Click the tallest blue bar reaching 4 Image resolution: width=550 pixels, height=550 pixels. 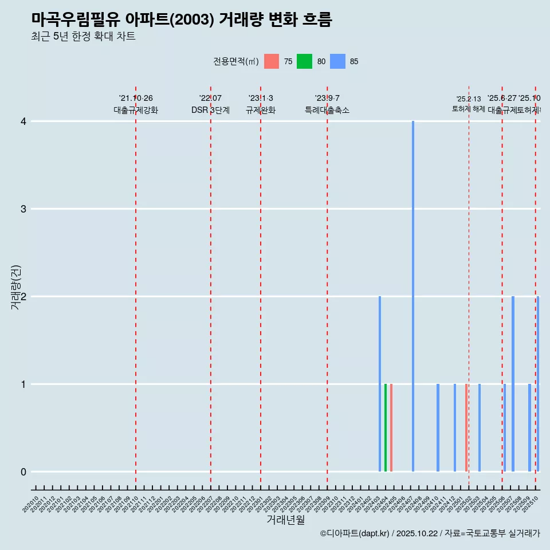(413, 296)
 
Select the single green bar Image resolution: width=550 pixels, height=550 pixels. (386, 427)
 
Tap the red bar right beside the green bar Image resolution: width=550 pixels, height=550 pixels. (391, 427)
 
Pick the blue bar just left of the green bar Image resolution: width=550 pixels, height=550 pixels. (380, 384)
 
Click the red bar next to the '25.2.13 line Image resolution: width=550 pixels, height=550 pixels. (466, 427)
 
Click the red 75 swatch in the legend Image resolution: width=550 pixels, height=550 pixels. (272, 61)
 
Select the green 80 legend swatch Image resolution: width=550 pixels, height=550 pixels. (304, 61)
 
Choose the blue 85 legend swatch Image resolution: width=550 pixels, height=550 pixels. (338, 61)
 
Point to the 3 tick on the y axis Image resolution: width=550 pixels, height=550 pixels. (23, 209)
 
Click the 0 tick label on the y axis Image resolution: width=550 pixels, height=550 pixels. (23, 472)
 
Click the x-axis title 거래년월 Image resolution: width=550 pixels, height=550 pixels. (286, 520)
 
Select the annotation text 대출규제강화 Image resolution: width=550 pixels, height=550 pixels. (136, 110)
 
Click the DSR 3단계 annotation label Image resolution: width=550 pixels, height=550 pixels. (211, 110)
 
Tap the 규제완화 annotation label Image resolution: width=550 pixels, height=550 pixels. (261, 110)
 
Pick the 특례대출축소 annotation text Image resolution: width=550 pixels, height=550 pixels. (327, 110)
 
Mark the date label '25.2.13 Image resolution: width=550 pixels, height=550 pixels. (469, 99)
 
